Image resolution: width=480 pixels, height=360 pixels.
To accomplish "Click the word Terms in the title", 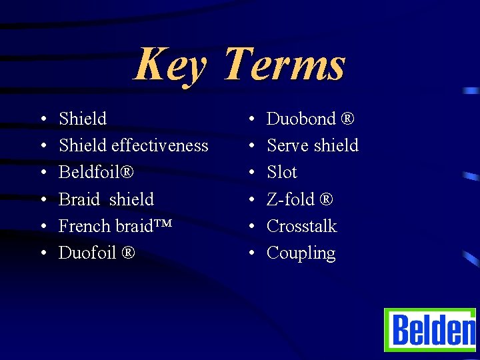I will click(x=284, y=65).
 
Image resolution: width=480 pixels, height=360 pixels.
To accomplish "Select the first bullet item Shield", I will click(x=83, y=119).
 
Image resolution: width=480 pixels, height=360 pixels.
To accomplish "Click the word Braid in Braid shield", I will click(x=78, y=199).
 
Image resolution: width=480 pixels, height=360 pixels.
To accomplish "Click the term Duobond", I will click(x=301, y=119).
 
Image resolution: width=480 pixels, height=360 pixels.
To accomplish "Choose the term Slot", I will click(x=281, y=172).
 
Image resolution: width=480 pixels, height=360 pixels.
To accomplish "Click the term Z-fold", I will click(x=291, y=199).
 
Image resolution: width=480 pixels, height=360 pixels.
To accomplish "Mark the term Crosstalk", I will click(x=301, y=226).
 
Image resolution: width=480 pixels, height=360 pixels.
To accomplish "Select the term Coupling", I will click(x=301, y=253).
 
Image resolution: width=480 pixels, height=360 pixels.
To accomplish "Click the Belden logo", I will click(x=430, y=330).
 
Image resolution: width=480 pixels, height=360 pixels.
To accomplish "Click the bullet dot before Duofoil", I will click(x=42, y=253).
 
